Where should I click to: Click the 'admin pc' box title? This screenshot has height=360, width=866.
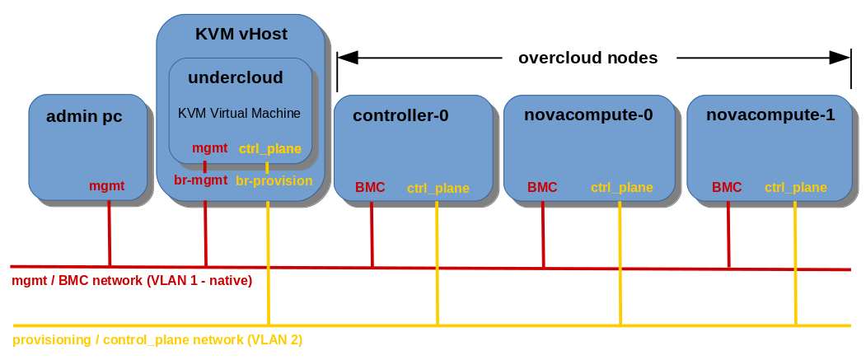[x=84, y=116]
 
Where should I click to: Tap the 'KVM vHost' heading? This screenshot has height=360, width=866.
[x=241, y=34]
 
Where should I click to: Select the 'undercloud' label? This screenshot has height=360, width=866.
[x=235, y=77]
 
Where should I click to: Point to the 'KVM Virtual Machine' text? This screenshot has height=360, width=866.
[x=239, y=113]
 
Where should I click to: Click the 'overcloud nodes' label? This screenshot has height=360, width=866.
[x=587, y=58]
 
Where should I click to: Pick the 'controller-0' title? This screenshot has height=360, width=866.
[x=400, y=115]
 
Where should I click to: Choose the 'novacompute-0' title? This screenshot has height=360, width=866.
[x=588, y=115]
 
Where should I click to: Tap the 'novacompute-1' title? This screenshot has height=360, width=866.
[x=770, y=115]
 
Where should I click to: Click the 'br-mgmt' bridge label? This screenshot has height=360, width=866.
[x=199, y=180]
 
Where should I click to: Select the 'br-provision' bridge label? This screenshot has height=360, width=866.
[x=274, y=180]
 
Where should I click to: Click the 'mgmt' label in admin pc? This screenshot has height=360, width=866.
[x=107, y=186]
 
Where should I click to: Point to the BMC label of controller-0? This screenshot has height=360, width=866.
[x=370, y=188]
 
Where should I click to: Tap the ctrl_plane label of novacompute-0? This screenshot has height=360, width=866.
[x=621, y=188]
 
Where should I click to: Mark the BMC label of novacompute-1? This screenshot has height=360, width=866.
[x=727, y=188]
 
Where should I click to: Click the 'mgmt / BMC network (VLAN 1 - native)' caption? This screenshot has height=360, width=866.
[x=132, y=281]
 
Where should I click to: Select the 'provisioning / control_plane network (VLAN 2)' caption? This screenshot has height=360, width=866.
[x=157, y=339]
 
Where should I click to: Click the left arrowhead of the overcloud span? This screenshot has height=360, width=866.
[x=348, y=58]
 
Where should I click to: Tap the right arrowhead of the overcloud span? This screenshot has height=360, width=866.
[x=840, y=58]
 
